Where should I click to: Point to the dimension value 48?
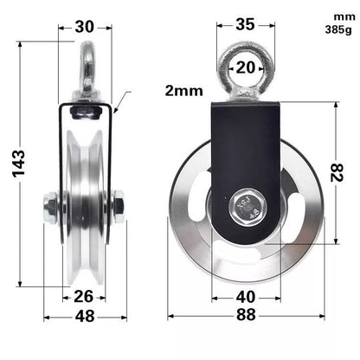point(84,316)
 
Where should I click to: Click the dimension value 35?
point(245,24)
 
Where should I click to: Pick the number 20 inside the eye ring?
point(245,67)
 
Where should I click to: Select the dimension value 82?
point(344,173)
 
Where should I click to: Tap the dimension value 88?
point(245,316)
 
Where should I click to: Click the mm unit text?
point(332,15)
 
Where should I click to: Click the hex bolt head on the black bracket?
point(246,205)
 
